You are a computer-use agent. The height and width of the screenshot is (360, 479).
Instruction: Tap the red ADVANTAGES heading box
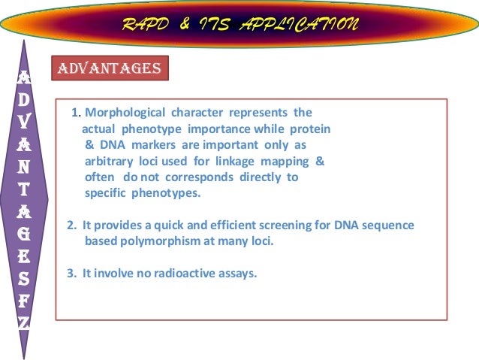(110, 68)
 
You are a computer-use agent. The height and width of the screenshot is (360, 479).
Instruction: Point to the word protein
(309, 129)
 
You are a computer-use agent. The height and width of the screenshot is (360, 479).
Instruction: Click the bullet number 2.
(71, 225)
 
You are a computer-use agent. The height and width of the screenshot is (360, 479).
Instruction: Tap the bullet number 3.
(71, 274)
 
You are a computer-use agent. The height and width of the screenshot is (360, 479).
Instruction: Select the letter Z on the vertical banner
(26, 322)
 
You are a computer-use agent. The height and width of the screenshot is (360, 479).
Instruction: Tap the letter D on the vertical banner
(26, 98)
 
